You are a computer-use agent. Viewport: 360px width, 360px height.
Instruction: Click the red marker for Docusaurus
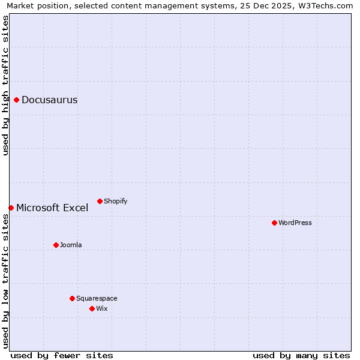(17, 100)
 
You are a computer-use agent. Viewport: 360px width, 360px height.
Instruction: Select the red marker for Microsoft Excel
(11, 208)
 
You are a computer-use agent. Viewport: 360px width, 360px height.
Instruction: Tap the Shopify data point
(100, 201)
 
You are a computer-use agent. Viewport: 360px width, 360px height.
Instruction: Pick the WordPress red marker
(274, 223)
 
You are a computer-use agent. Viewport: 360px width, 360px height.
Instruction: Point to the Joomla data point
(56, 245)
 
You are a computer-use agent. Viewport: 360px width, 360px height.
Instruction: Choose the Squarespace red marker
(72, 298)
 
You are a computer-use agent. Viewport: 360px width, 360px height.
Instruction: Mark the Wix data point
(92, 308)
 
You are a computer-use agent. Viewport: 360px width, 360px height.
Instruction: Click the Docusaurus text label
(50, 100)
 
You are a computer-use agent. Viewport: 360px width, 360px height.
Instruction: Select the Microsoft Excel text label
(52, 208)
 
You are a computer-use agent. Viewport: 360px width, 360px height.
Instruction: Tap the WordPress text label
(295, 223)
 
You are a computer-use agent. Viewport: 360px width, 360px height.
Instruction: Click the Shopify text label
(116, 202)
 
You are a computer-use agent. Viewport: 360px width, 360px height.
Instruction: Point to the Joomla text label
(71, 245)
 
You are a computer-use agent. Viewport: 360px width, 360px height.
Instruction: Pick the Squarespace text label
(97, 299)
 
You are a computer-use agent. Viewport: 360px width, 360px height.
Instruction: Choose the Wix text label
(102, 309)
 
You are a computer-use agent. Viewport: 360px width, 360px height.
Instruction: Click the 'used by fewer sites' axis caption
(62, 355)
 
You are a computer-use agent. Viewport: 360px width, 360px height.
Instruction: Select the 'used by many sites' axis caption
(301, 355)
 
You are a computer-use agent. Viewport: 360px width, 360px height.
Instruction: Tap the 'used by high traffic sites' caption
(5, 85)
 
